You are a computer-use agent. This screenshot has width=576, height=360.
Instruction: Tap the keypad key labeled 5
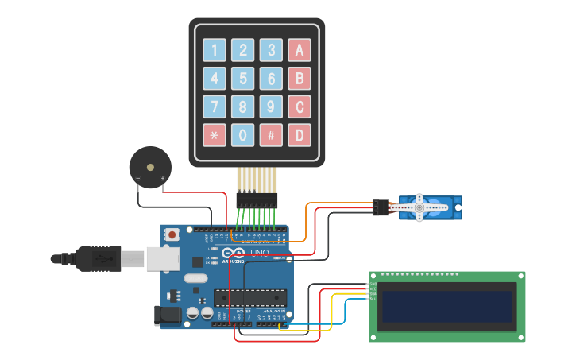[242, 79]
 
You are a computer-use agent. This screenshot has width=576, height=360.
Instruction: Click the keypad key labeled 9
[271, 106]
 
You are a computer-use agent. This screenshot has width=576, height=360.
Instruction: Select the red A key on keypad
[300, 51]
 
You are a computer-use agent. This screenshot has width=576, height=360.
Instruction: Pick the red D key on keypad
[300, 135]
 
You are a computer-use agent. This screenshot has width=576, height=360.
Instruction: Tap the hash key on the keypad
[271, 135]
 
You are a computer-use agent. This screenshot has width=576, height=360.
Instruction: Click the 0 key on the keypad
[242, 135]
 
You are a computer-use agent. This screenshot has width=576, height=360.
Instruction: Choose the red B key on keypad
[300, 79]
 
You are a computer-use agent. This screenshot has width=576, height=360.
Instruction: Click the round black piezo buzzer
[150, 167]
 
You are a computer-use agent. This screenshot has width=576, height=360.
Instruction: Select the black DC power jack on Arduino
[168, 315]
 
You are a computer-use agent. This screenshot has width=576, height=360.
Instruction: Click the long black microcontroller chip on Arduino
[249, 297]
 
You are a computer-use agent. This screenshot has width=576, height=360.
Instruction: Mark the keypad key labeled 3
[271, 51]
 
